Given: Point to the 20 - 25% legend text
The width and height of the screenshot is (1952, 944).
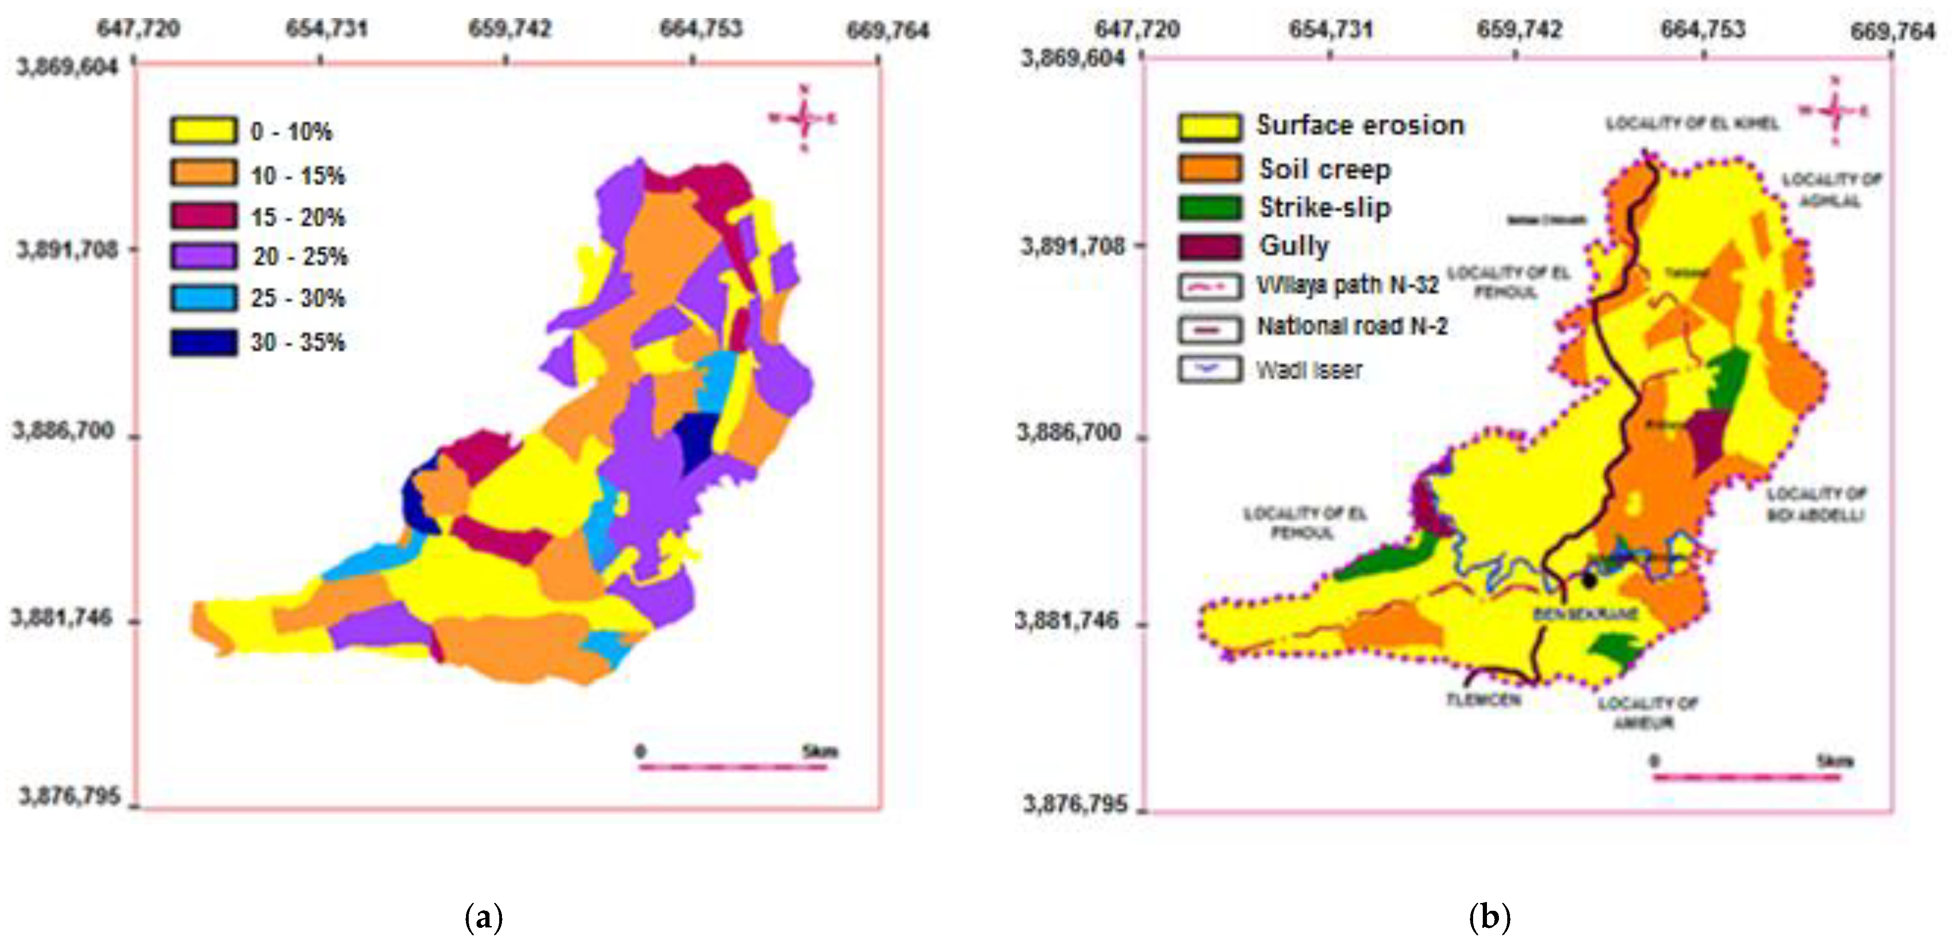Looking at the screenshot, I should pos(300,257).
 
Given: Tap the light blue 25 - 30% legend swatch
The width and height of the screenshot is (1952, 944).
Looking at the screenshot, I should pos(203,298).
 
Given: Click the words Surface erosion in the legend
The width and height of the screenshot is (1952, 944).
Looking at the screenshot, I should pos(1360,125).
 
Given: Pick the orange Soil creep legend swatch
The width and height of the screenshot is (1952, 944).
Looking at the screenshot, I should pos(1210,168).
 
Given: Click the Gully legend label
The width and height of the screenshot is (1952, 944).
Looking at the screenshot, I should pos(1294,245).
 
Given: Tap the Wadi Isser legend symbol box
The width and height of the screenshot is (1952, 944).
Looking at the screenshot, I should pos(1210,370).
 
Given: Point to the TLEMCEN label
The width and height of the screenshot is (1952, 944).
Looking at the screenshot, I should pos(1483,699).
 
